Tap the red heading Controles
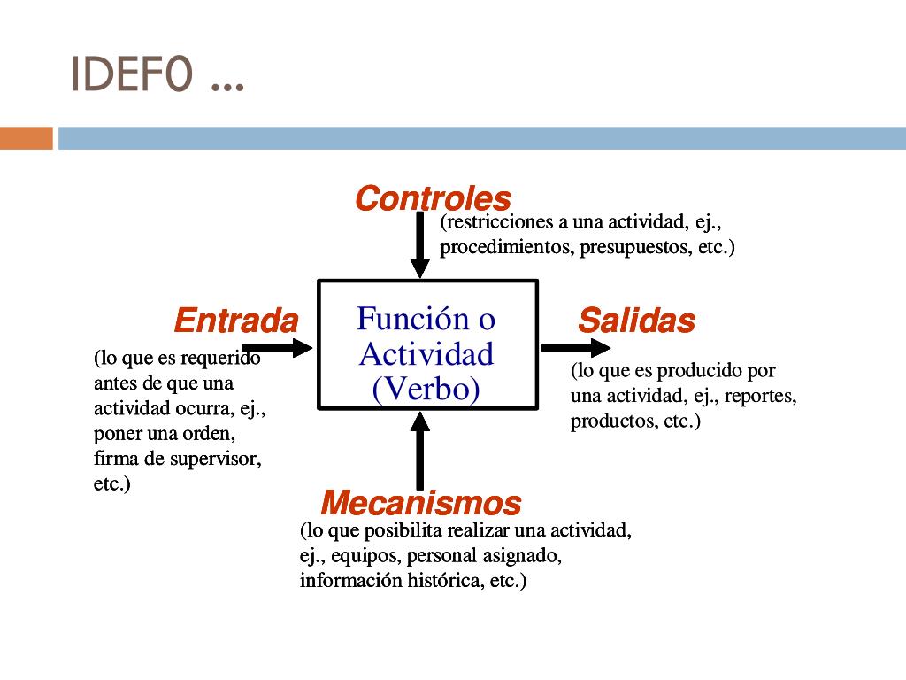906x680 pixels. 433,198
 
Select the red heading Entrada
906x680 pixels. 236,320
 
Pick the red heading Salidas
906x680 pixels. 636,321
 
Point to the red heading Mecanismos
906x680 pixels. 420,503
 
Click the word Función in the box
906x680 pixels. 400,318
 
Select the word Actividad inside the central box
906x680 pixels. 426,354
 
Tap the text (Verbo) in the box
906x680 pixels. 426,389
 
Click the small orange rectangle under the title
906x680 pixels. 26,138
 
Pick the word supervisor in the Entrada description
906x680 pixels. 219,460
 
